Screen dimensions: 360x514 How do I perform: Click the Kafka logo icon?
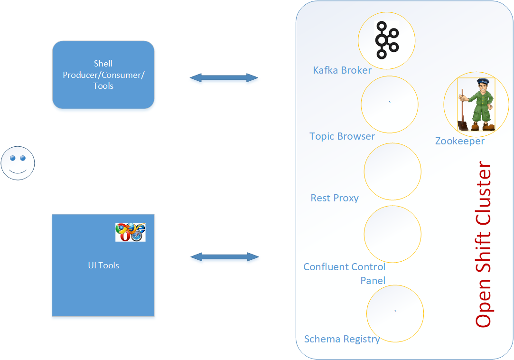tap(386, 40)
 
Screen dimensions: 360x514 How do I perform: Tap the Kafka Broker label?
tap(342, 70)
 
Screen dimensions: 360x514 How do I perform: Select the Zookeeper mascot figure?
tap(476, 104)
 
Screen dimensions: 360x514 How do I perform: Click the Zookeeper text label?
tap(459, 141)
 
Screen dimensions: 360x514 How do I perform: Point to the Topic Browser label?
tap(342, 136)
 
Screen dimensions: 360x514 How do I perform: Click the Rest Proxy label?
tap(334, 198)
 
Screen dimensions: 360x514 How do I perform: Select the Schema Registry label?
tap(342, 339)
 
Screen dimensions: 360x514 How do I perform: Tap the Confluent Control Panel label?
tap(345, 273)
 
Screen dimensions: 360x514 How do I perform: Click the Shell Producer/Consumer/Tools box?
tap(103, 75)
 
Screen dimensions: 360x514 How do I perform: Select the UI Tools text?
tap(103, 265)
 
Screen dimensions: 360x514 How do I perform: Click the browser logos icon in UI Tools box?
tap(130, 232)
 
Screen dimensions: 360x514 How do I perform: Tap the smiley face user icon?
tap(18, 163)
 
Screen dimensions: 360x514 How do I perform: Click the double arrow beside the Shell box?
tap(224, 78)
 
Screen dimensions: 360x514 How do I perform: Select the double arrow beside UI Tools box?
tap(224, 257)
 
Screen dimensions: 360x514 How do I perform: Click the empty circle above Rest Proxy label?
tap(392, 171)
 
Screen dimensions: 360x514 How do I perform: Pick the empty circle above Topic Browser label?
tap(389, 104)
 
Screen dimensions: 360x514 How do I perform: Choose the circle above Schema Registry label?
tap(395, 313)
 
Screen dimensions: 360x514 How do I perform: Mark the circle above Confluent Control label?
tap(392, 234)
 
